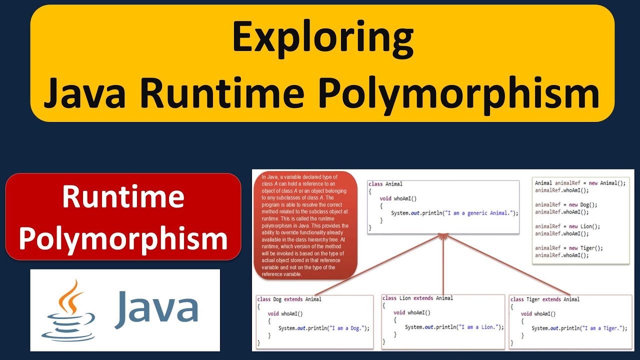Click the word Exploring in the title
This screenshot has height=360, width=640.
pos(322,38)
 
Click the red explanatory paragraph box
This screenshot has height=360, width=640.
pos(306,225)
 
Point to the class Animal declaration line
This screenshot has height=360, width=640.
pos(385,184)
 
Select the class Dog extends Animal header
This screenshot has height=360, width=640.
pos(289,299)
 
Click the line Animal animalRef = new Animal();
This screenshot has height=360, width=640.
pos(580,183)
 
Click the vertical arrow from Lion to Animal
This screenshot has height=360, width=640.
pos(443,265)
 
